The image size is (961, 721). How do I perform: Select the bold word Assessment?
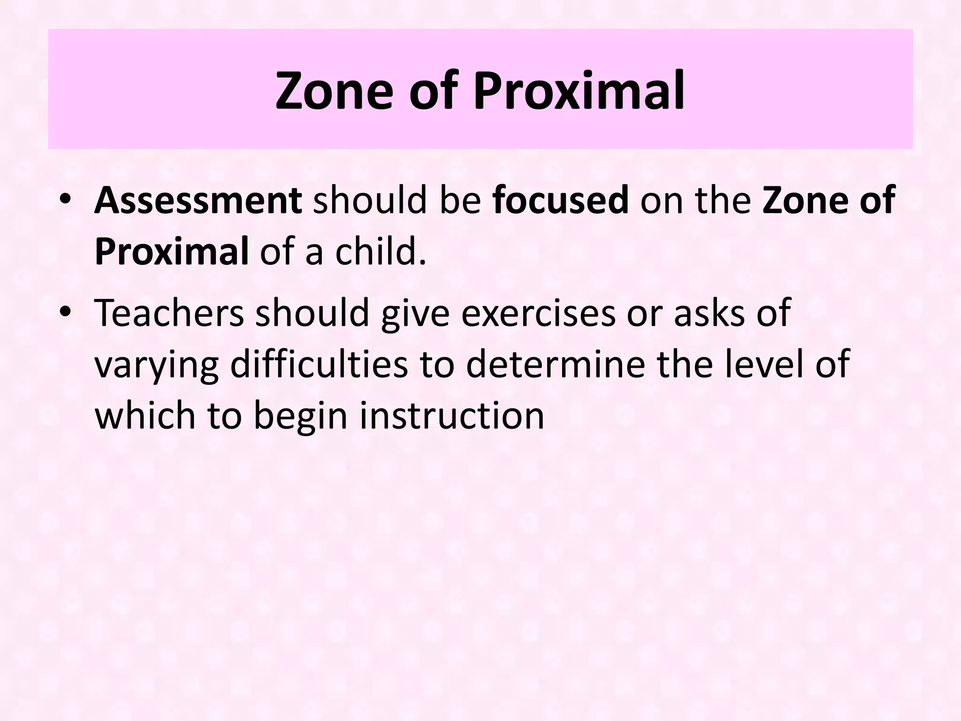pyautogui.click(x=198, y=200)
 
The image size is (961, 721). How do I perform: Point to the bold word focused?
pyautogui.click(x=561, y=200)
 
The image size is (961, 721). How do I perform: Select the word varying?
pyautogui.click(x=157, y=365)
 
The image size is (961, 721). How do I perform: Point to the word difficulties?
pyautogui.click(x=319, y=364)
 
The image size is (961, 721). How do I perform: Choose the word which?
pyautogui.click(x=145, y=415)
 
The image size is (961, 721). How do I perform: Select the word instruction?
pyautogui.click(x=452, y=415)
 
